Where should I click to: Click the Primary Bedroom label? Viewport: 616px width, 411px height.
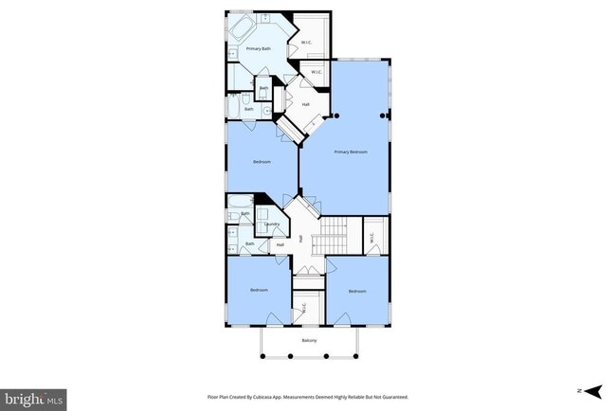point(350,152)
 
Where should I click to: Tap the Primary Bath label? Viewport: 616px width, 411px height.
point(258,48)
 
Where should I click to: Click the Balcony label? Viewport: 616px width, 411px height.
point(309,341)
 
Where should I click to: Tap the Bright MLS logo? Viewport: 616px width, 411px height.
point(34,399)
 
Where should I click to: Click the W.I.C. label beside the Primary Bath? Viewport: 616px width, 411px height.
point(307,43)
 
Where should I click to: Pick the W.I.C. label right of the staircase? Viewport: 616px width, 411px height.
point(371,236)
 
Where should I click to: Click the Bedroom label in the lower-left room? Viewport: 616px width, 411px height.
point(259,289)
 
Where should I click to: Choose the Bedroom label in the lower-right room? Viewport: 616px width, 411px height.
point(356,291)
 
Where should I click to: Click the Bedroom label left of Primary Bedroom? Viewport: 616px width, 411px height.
point(263,162)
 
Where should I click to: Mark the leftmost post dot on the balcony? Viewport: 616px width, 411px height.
point(263,356)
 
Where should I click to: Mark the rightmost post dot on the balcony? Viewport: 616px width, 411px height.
point(356,356)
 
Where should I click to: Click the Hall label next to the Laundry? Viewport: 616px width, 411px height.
point(280,245)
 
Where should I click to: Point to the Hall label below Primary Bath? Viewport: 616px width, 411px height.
point(306,104)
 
